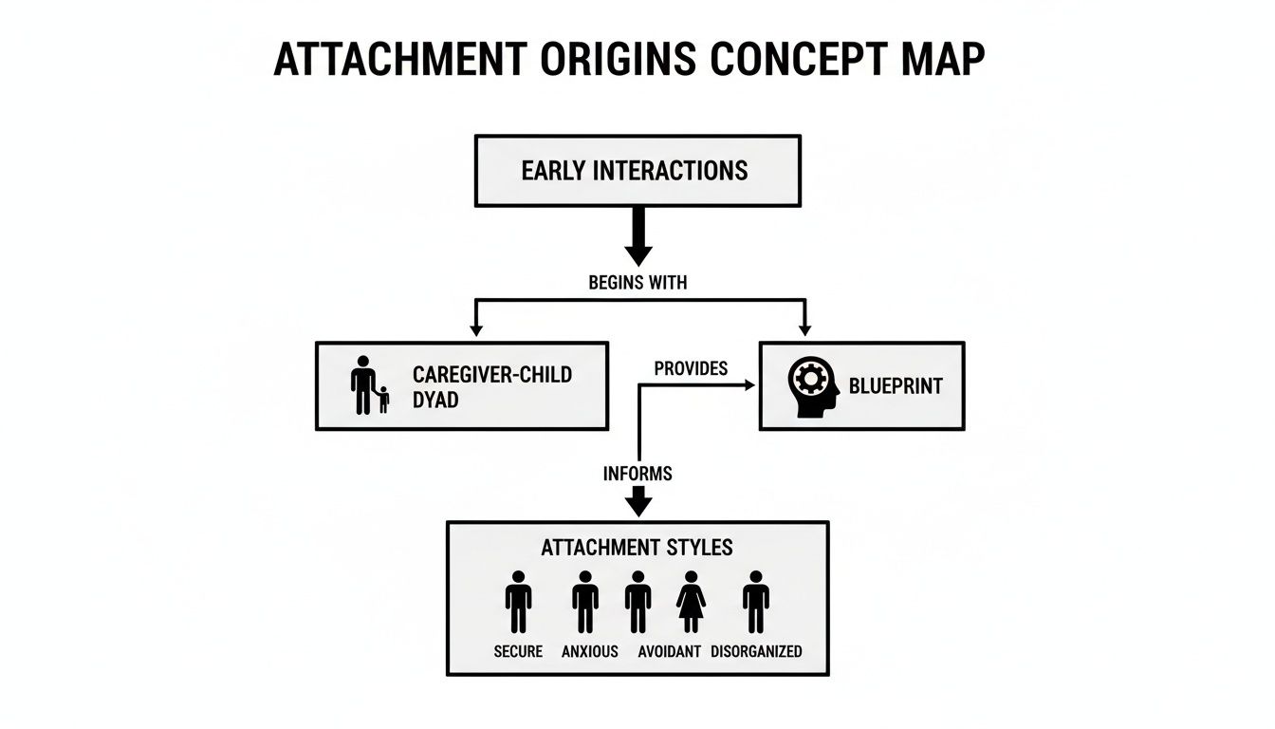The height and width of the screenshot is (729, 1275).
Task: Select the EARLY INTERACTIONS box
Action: pos(637,171)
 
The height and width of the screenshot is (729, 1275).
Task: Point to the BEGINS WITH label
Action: pos(637,282)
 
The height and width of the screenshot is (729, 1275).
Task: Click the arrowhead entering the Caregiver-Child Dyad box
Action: pos(476,328)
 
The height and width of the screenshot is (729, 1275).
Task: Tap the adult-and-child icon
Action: pos(368,385)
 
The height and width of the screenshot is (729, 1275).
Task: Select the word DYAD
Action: pos(435,400)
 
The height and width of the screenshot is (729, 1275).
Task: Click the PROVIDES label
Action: pos(691,368)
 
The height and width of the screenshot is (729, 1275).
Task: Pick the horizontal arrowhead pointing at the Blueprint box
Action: pos(748,385)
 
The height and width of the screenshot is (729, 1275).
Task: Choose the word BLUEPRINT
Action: pos(896,386)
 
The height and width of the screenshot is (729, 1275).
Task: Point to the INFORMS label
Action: pos(637,473)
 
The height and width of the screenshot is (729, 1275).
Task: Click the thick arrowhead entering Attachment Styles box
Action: pos(638,504)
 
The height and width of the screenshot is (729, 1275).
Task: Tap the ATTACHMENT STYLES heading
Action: pos(637,548)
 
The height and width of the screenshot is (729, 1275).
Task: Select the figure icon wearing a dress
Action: pos(690,602)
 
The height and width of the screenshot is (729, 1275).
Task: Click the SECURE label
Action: pos(518,651)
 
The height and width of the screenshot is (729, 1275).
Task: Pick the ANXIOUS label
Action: pos(589,651)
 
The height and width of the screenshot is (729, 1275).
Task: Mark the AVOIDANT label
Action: pos(669,651)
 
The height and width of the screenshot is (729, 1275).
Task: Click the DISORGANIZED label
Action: pos(756,651)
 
